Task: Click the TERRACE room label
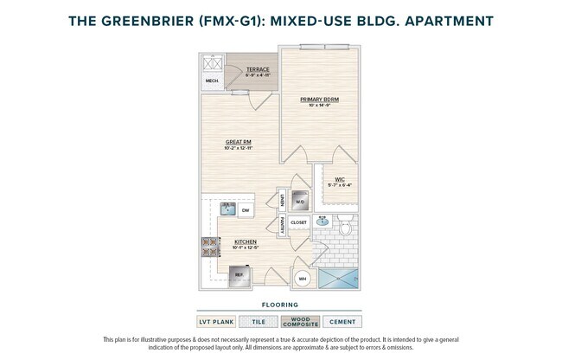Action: pyautogui.click(x=258, y=69)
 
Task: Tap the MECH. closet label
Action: pyautogui.click(x=212, y=82)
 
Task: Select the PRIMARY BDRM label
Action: pyautogui.click(x=319, y=100)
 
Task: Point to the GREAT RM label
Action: pyautogui.click(x=239, y=142)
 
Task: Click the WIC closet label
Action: pyautogui.click(x=340, y=179)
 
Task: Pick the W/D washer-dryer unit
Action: pyautogui.click(x=299, y=202)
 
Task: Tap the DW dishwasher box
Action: pyautogui.click(x=246, y=210)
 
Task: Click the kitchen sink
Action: pyautogui.click(x=227, y=209)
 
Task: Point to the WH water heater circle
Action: pyautogui.click(x=303, y=279)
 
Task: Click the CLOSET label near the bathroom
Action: pyautogui.click(x=299, y=222)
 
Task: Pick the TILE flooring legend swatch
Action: pyautogui.click(x=259, y=322)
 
